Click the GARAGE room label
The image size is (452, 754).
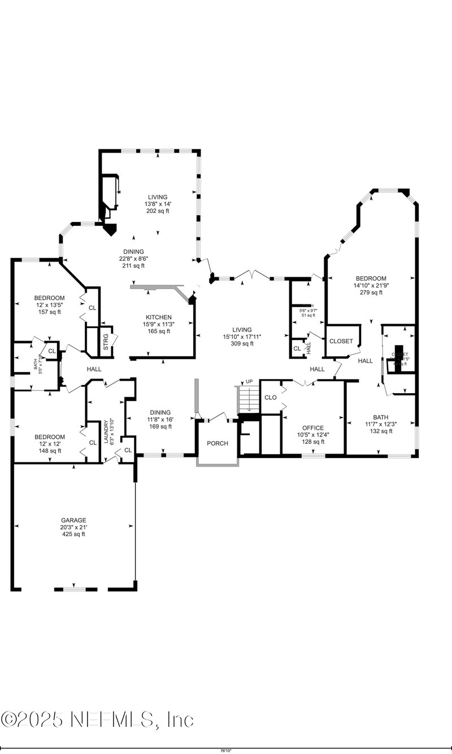point(74,520)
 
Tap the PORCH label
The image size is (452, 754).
point(218,443)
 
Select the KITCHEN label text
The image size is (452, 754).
point(158,317)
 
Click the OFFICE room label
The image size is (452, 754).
point(312,428)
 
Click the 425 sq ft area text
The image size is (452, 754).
point(74,534)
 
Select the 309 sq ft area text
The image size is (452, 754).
point(242,343)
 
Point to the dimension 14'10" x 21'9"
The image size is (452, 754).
point(371,285)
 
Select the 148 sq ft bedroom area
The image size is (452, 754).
point(49,451)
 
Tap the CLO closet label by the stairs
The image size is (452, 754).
point(271,398)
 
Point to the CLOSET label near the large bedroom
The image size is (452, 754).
point(341,341)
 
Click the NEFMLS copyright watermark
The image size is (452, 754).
point(97,720)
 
